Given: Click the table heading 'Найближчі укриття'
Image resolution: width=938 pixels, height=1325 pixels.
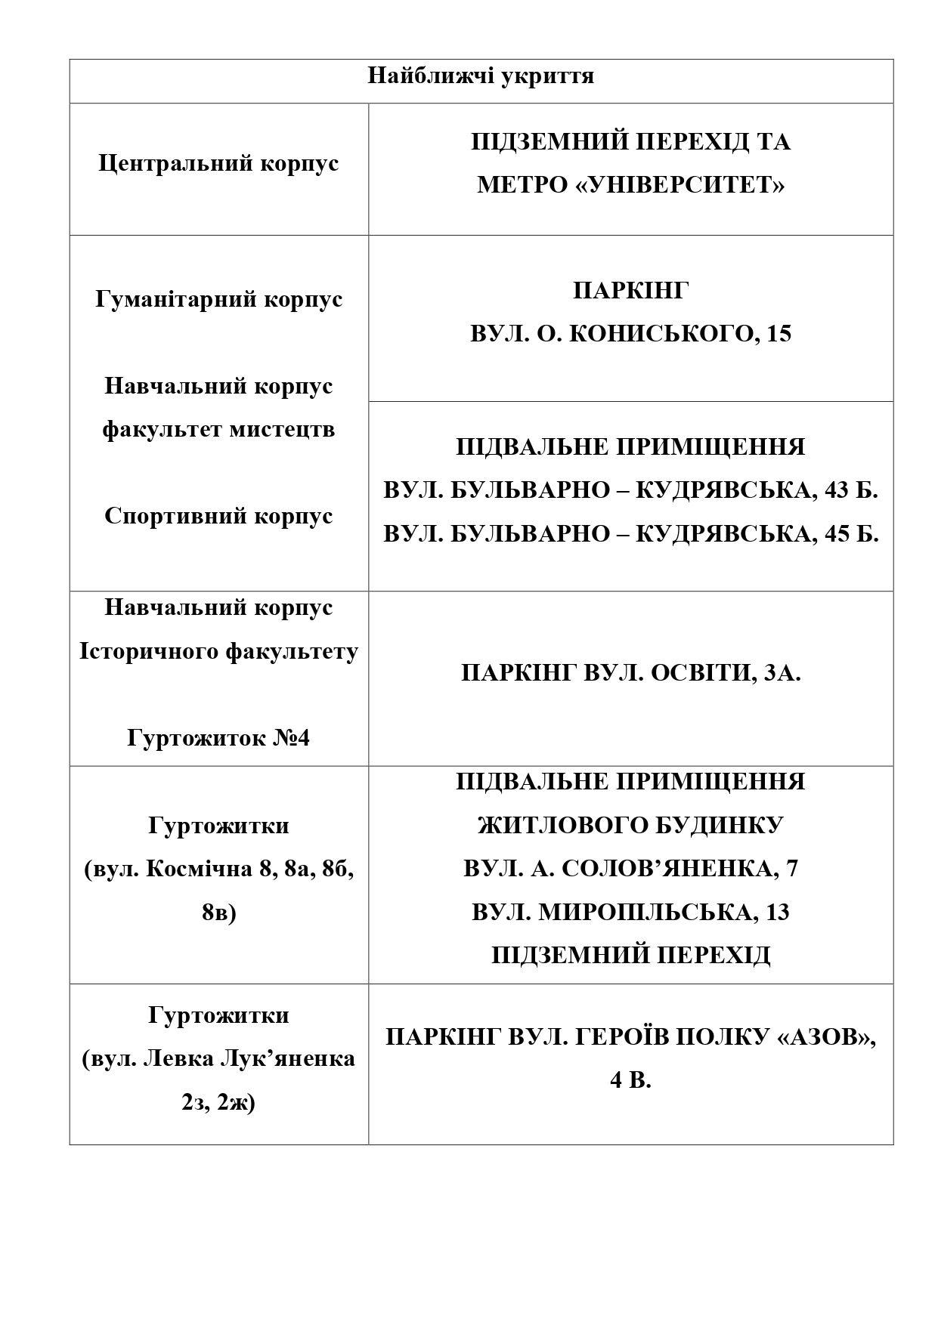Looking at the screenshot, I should pos(481,76).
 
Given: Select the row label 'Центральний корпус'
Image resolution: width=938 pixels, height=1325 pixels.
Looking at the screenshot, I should pos(218,164).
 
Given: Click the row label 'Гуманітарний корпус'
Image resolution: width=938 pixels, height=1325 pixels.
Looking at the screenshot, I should pos(219,300).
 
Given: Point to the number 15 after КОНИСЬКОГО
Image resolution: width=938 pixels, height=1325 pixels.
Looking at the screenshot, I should pos(779,334).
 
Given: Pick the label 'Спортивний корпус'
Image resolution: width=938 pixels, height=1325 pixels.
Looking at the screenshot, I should pos(218,517).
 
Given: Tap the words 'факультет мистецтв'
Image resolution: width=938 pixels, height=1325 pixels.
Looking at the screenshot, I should pos(218,430).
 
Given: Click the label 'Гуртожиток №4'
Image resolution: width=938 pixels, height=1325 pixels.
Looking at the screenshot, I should pos(218,738).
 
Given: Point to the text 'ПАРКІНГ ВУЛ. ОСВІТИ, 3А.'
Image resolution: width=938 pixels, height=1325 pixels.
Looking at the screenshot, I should pos(630,673).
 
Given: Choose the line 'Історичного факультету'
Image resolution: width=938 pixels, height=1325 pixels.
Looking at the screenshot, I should pos(218,651).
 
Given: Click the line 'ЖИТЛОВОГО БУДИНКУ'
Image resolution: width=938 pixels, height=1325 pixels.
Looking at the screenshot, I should pos(630,825).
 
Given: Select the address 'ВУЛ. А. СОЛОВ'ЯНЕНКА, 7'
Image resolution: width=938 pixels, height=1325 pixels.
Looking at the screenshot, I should pos(630,869).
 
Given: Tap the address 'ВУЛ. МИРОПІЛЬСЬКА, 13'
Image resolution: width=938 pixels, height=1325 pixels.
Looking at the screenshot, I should pos(630,913).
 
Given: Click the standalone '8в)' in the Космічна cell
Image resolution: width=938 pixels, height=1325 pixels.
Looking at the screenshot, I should pos(218,913).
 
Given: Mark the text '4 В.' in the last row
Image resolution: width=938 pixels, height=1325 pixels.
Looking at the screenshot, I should pos(630,1081).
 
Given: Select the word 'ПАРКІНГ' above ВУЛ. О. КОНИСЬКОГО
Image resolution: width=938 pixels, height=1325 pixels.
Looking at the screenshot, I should pos(630,290).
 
